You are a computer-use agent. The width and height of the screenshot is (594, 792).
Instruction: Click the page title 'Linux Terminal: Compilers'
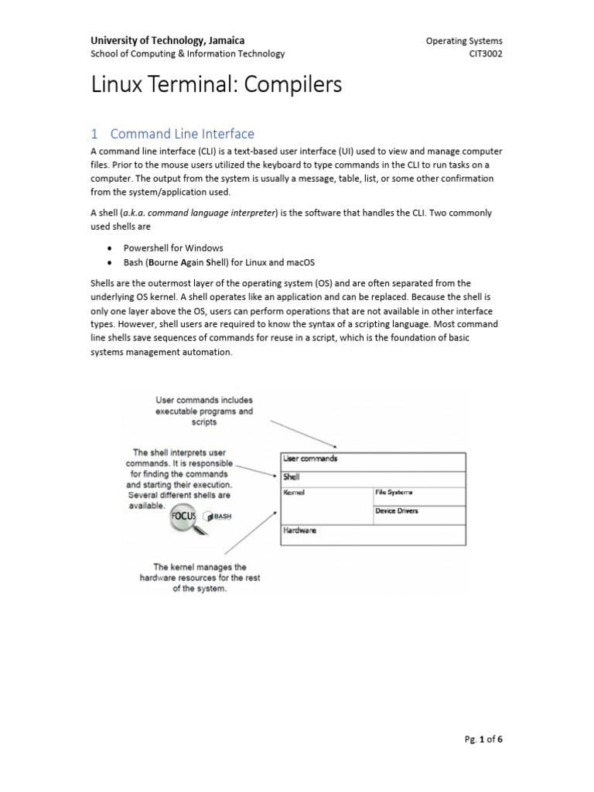216,84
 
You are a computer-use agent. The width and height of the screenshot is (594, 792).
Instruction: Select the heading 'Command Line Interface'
182,134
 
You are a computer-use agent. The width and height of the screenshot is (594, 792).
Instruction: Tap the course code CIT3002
486,53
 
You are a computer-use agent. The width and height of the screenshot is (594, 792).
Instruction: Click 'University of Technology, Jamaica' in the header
168,40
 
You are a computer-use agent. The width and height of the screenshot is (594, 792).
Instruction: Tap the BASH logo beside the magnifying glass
217,517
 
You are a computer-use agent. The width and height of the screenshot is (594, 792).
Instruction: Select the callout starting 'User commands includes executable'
204,411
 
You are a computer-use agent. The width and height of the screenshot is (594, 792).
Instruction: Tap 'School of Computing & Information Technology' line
187,53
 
